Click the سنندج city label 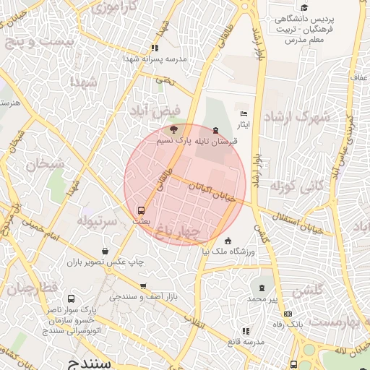(x=87, y=363)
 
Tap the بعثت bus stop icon (x=142, y=211)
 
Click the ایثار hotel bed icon (x=244, y=114)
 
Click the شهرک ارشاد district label (x=296, y=116)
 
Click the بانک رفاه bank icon (x=289, y=314)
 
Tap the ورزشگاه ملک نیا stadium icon (x=228, y=241)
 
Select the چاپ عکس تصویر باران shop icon (x=106, y=251)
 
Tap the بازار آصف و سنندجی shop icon (x=143, y=286)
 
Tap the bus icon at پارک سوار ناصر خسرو (x=71, y=298)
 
